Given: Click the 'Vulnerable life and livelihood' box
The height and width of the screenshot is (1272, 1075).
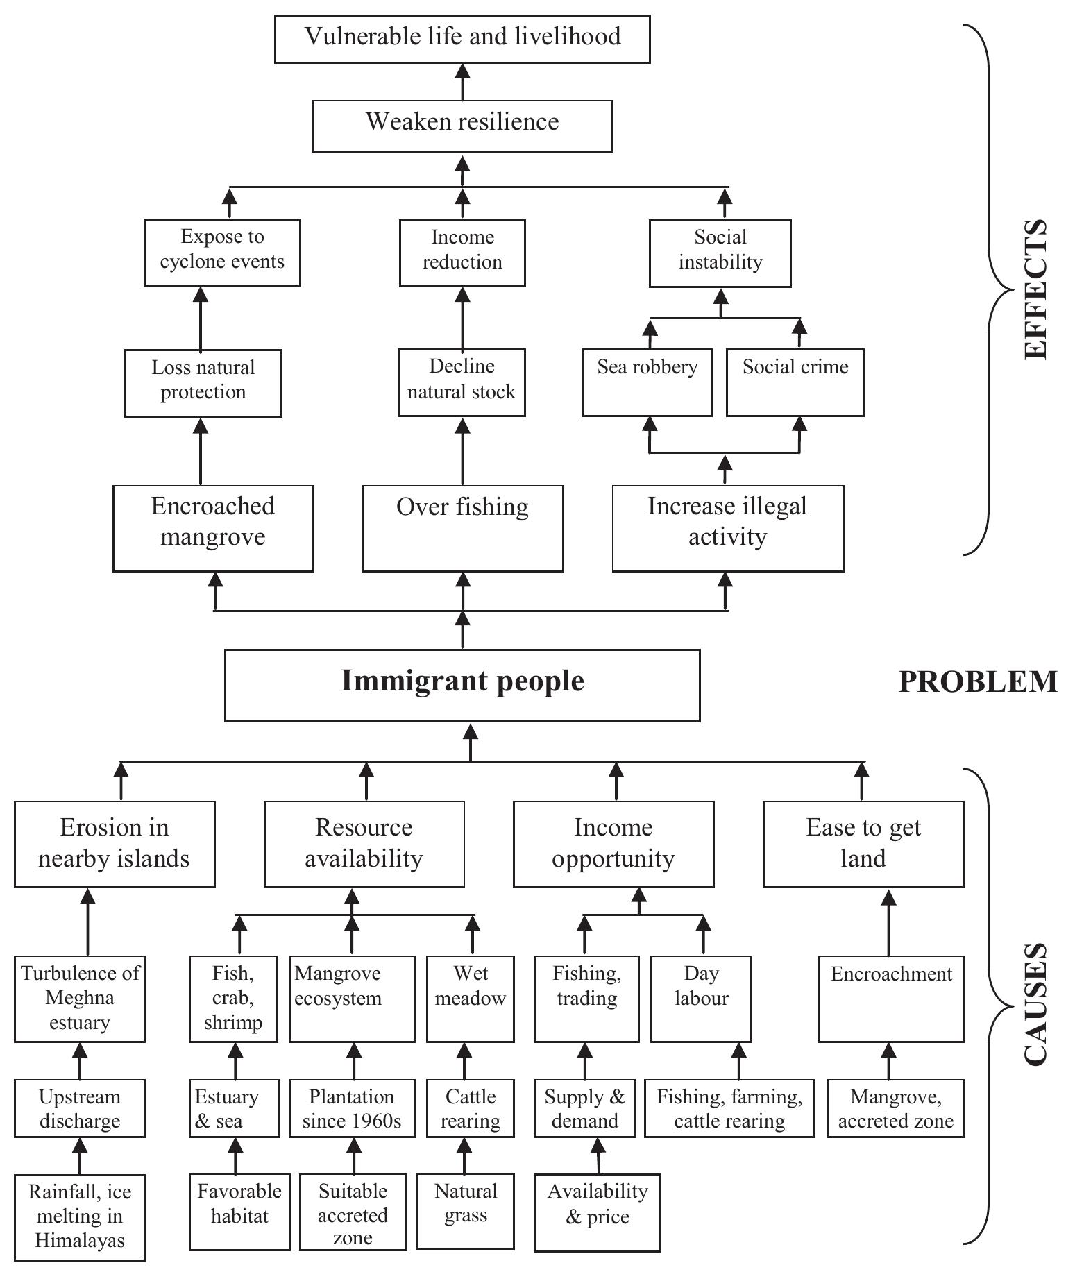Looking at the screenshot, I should tap(462, 40).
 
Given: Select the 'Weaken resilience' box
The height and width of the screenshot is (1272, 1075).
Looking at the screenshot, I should tap(462, 126).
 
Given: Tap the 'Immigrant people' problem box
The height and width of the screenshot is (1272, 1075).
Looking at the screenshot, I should tap(462, 685).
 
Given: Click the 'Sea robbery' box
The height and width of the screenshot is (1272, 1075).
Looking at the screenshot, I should tap(647, 382).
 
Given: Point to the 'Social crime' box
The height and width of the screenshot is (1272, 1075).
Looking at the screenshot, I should tap(795, 382).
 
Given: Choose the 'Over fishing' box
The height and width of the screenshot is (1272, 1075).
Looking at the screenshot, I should tap(462, 528).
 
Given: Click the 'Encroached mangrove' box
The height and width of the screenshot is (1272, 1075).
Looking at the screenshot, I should tap(213, 528).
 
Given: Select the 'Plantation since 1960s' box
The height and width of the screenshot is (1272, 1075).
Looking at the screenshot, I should tap(352, 1108).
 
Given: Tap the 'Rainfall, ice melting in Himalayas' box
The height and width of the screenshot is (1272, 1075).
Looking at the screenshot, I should tap(80, 1216).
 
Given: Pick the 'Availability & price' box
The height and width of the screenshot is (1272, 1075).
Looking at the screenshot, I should tap(597, 1212).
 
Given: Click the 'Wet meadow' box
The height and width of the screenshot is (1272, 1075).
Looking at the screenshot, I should tap(470, 999).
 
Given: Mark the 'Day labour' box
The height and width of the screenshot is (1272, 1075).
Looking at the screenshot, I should tap(701, 999).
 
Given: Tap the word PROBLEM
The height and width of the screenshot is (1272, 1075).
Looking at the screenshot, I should tap(978, 682).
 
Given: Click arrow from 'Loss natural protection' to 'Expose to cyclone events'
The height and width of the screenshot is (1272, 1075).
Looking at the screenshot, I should tap(201, 319).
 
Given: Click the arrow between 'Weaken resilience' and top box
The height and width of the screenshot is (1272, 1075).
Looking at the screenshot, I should tap(462, 82).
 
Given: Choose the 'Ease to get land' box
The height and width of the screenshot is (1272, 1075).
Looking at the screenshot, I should tap(863, 844).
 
